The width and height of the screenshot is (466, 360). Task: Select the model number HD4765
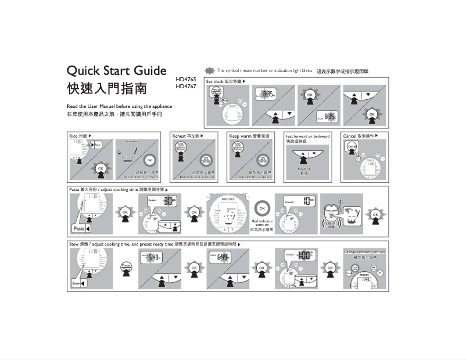tap(186, 80)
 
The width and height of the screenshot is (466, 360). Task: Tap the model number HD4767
tap(186, 87)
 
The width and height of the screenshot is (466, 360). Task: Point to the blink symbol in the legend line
tap(210, 71)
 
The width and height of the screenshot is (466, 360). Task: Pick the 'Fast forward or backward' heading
tap(307, 136)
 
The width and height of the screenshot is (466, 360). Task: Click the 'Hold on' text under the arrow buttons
tap(304, 169)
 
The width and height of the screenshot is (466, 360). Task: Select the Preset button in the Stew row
tap(126, 266)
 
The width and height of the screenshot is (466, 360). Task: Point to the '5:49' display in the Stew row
tap(153, 257)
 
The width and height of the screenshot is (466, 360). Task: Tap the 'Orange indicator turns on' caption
tap(364, 252)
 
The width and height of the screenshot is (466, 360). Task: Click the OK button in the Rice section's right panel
tap(150, 160)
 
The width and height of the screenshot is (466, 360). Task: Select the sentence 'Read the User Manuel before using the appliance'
tap(119, 106)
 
